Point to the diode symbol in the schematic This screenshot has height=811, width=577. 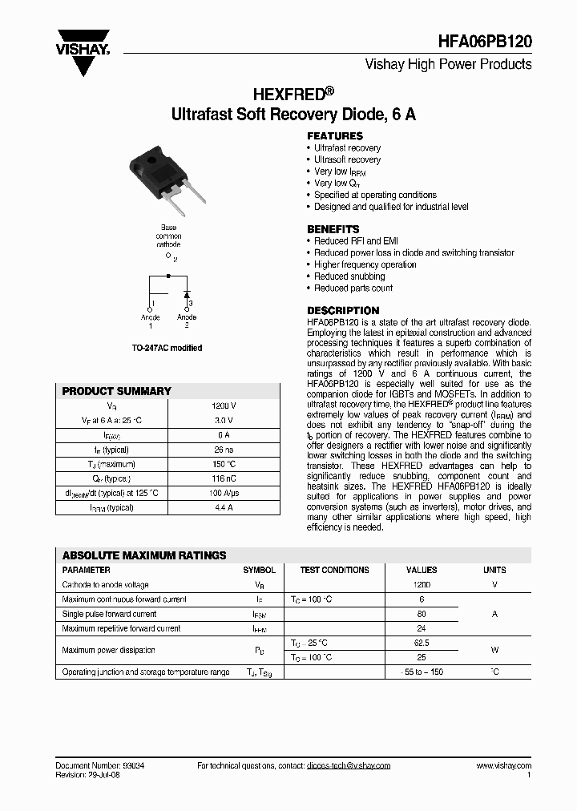[186, 286]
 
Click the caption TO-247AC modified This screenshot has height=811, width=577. [167, 348]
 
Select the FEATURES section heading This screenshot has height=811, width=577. [335, 136]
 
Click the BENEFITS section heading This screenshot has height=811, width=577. [333, 229]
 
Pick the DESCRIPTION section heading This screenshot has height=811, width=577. [343, 311]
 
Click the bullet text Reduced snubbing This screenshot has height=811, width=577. [349, 276]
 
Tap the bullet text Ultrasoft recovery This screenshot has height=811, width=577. [347, 159]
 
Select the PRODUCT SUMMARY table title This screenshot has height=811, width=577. [117, 391]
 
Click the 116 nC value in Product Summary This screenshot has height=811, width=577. [224, 478]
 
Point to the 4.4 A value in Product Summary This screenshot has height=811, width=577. [224, 507]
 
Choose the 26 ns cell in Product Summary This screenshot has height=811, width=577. [224, 450]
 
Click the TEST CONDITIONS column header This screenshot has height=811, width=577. [334, 570]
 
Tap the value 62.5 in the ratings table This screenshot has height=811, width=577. [422, 643]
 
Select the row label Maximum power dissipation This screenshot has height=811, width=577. [109, 650]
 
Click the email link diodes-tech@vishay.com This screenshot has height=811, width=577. [349, 766]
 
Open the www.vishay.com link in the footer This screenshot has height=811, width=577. [503, 766]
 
